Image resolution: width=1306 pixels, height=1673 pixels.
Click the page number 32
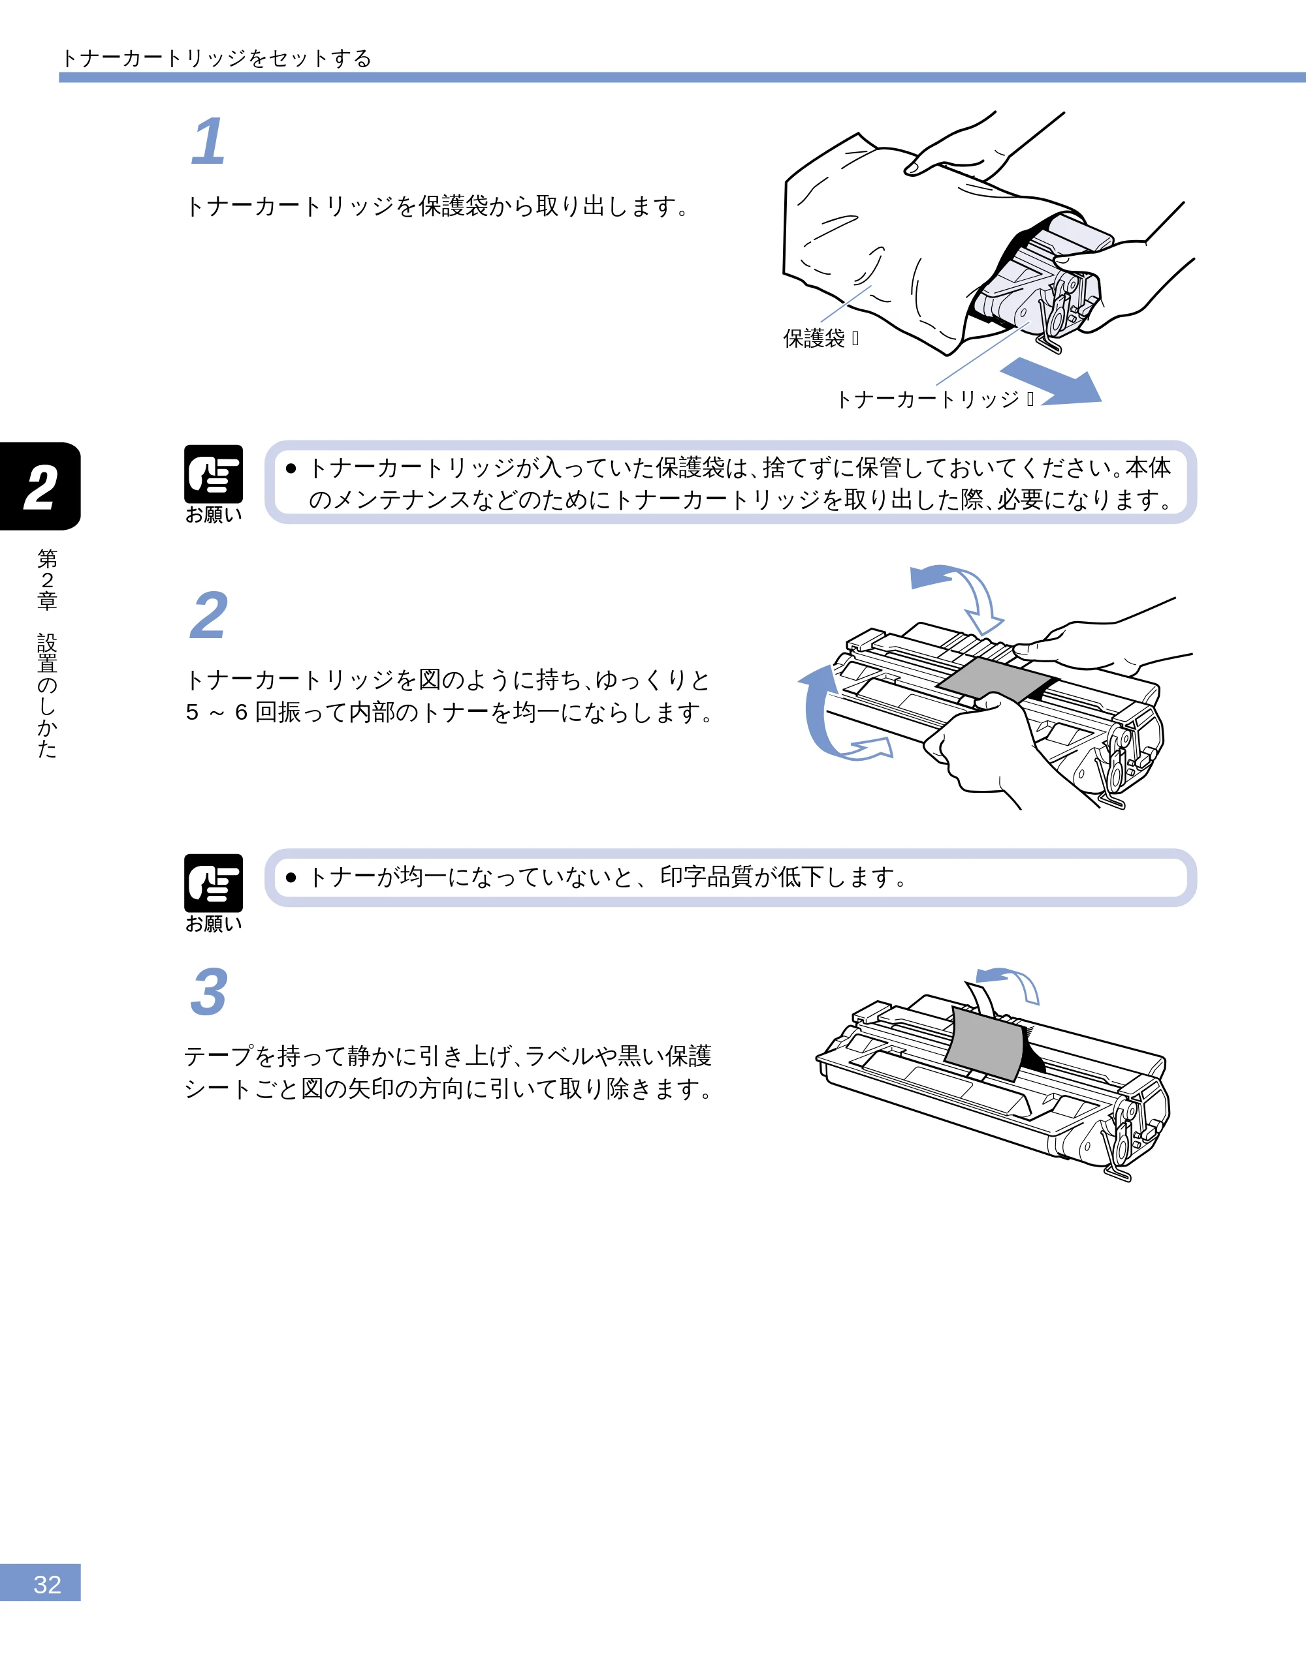[48, 1584]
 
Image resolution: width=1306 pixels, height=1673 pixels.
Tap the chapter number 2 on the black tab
[40, 488]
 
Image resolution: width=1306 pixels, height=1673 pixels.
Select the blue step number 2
[208, 615]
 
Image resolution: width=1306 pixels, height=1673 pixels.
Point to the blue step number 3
[208, 992]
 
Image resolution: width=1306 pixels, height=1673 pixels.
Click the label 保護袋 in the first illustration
[813, 338]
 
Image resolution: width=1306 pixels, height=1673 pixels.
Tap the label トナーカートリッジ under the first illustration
[927, 398]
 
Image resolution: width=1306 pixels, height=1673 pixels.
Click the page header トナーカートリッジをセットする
[216, 58]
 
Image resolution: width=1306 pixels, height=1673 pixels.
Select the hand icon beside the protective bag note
[214, 474]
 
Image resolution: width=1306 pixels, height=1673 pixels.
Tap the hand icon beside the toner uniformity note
[214, 883]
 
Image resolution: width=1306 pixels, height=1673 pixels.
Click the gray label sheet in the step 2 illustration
[997, 679]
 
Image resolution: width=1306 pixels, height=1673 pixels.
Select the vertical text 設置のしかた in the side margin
[48, 696]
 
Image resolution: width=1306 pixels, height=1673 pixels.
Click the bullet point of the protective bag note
[291, 468]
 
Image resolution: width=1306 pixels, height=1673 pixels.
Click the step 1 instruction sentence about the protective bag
[438, 206]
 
